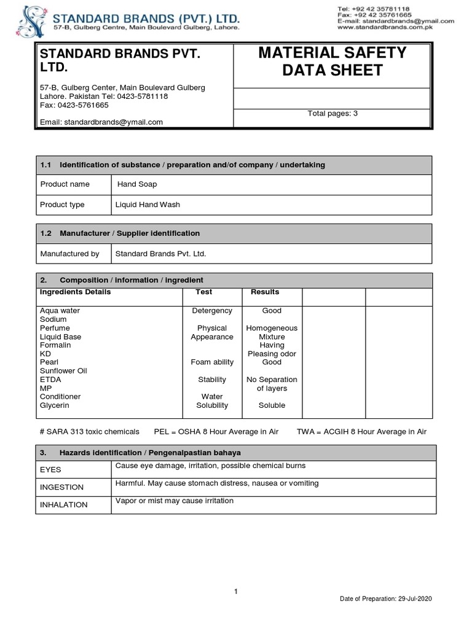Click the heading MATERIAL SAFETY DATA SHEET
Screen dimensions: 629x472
332,61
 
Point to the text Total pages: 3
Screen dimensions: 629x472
332,114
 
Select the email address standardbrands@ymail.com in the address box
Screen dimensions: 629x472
101,122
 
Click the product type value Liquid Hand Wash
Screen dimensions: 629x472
147,205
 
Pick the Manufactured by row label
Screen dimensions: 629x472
69,253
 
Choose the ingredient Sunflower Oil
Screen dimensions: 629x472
63,371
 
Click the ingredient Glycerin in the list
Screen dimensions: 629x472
55,405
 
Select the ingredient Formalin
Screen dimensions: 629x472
55,345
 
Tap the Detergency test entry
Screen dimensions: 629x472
212,311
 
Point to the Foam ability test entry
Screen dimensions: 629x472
212,362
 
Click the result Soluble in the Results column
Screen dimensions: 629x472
272,405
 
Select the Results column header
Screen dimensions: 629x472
265,292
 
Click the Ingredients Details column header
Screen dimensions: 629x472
75,292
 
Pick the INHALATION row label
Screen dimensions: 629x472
64,504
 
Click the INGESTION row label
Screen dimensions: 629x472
61,487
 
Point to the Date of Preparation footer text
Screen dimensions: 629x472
387,599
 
